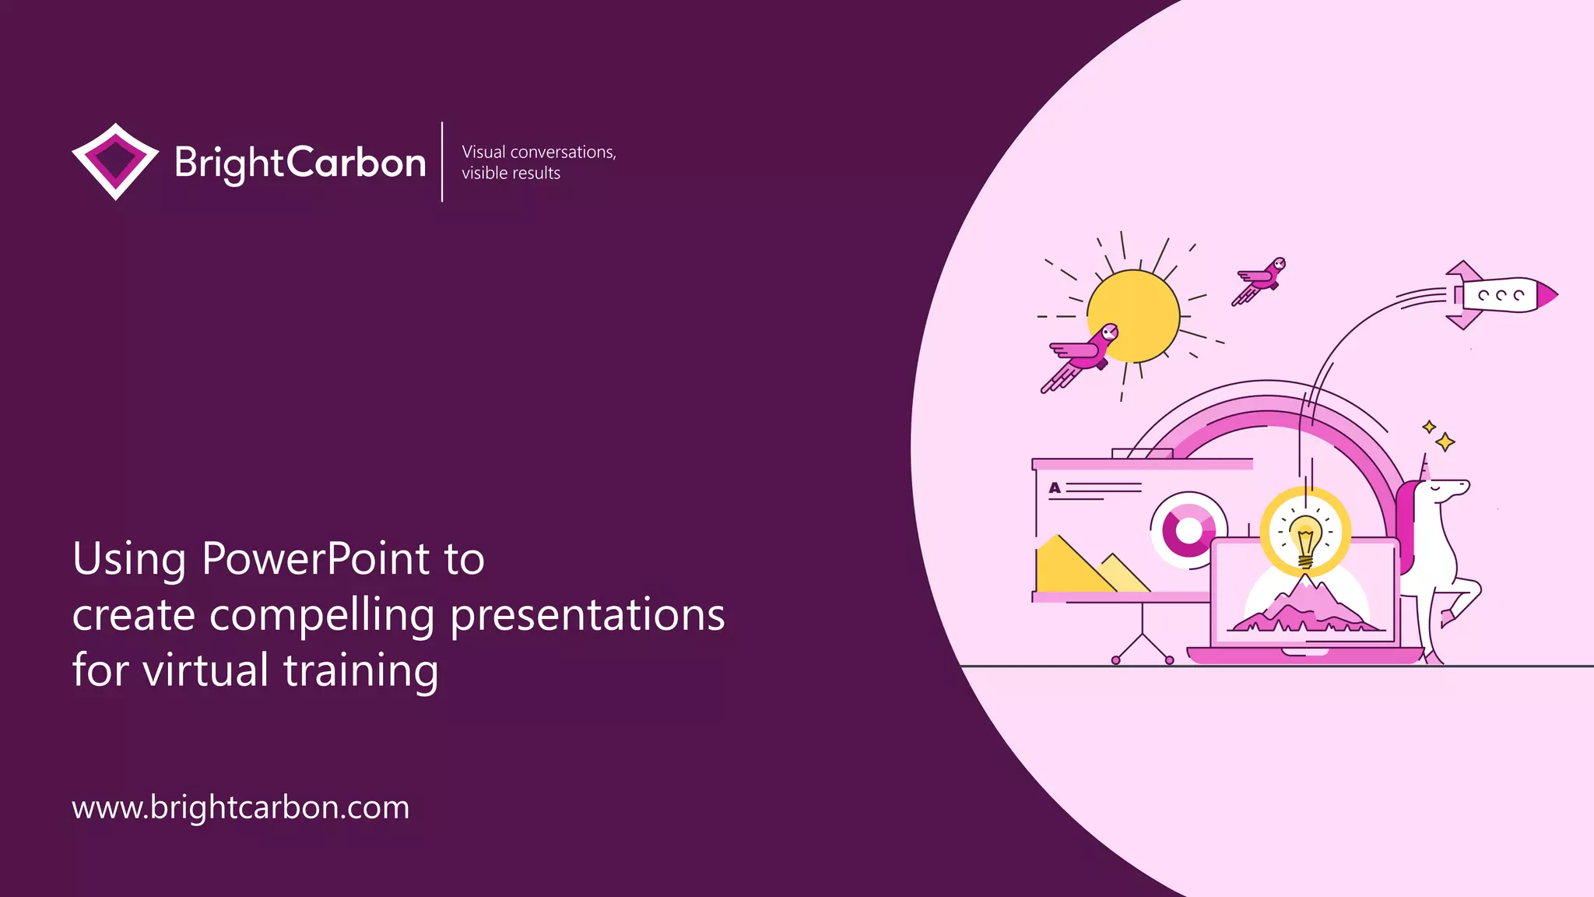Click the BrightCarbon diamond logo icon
point(115,161)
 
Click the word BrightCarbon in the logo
point(300,163)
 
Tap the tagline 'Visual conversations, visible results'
point(538,162)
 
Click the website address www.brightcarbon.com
point(241,807)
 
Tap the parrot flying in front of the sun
point(1083,355)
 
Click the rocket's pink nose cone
point(1547,296)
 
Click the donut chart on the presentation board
point(1188,530)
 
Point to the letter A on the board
point(1055,488)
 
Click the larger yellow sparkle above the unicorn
point(1445,442)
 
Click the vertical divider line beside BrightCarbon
point(442,161)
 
